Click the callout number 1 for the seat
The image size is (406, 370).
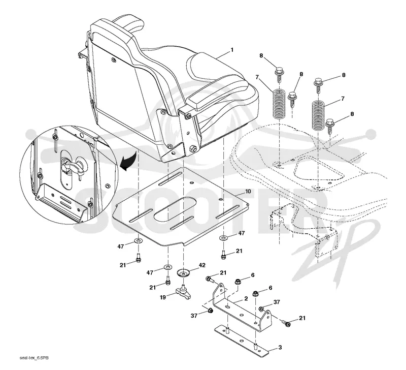coord(232,49)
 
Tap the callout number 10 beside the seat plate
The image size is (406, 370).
coord(248,191)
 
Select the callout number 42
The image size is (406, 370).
coord(202,265)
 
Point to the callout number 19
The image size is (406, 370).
coord(162,297)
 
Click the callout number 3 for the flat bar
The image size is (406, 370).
coord(280,348)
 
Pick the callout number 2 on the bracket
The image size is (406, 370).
coord(246,298)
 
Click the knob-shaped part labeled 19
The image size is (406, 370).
coord(183,293)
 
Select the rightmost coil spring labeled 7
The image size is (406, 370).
coord(318,115)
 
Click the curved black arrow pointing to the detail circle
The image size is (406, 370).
coord(129,161)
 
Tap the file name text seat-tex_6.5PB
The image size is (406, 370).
coord(34,358)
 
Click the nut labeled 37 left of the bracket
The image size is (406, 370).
coord(210,310)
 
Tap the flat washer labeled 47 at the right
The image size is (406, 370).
coord(223,238)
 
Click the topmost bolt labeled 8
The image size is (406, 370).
coord(279,72)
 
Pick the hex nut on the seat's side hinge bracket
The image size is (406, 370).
coord(193,149)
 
